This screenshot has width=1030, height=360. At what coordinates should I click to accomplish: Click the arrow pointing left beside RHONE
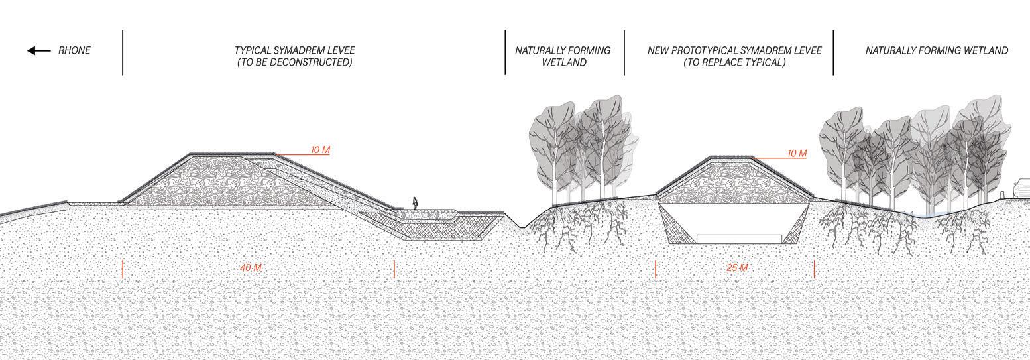click(x=38, y=51)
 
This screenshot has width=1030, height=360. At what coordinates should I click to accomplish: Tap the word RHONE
click(x=74, y=50)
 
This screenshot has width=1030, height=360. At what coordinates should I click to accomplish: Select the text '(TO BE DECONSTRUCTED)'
click(x=294, y=62)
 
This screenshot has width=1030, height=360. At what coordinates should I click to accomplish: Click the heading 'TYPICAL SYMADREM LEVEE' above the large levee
click(x=294, y=50)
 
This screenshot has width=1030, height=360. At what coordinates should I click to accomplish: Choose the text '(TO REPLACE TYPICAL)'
click(x=734, y=62)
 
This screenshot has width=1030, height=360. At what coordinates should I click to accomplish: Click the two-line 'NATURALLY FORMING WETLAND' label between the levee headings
click(x=563, y=56)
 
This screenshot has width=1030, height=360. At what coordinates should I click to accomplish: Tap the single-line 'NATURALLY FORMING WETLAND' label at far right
click(x=937, y=50)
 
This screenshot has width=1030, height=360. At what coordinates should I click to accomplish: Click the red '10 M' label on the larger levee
click(x=320, y=150)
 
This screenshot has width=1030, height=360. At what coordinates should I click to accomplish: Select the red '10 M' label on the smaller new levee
click(x=797, y=154)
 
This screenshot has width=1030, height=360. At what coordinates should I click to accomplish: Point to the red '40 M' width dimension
click(x=251, y=268)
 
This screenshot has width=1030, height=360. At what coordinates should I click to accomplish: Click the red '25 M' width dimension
click(x=736, y=268)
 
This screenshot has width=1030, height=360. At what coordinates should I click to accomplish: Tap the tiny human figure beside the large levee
click(x=416, y=203)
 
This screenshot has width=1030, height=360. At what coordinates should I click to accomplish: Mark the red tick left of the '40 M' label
click(x=123, y=269)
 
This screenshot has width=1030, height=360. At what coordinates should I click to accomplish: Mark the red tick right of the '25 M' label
click(x=814, y=269)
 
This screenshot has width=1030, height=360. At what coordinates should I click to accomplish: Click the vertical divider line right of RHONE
click(x=123, y=52)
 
